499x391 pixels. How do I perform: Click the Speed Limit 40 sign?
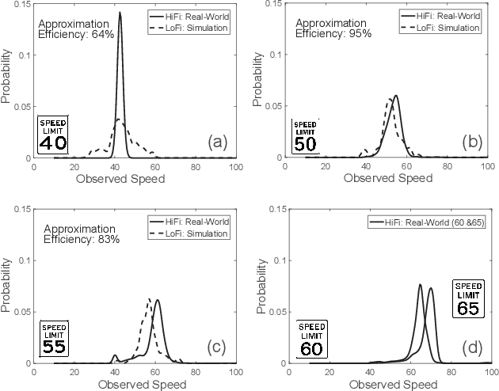tap(53, 135)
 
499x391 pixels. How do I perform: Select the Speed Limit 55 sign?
tap(55, 338)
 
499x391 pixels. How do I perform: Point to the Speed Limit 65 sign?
tap(467, 298)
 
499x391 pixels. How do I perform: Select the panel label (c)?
tap(218, 347)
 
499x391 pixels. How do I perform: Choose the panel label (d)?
tap(473, 347)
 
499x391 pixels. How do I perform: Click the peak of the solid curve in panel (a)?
tap(120, 13)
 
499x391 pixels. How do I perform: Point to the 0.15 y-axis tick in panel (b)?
tap(276, 5)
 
